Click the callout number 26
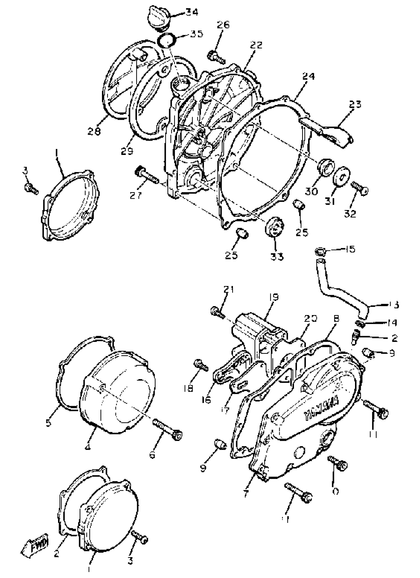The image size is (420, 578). [x=223, y=25]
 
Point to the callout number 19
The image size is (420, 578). [x=273, y=298]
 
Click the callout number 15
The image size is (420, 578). [x=350, y=249]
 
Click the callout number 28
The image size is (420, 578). [x=94, y=131]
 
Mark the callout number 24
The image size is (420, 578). [x=309, y=76]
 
